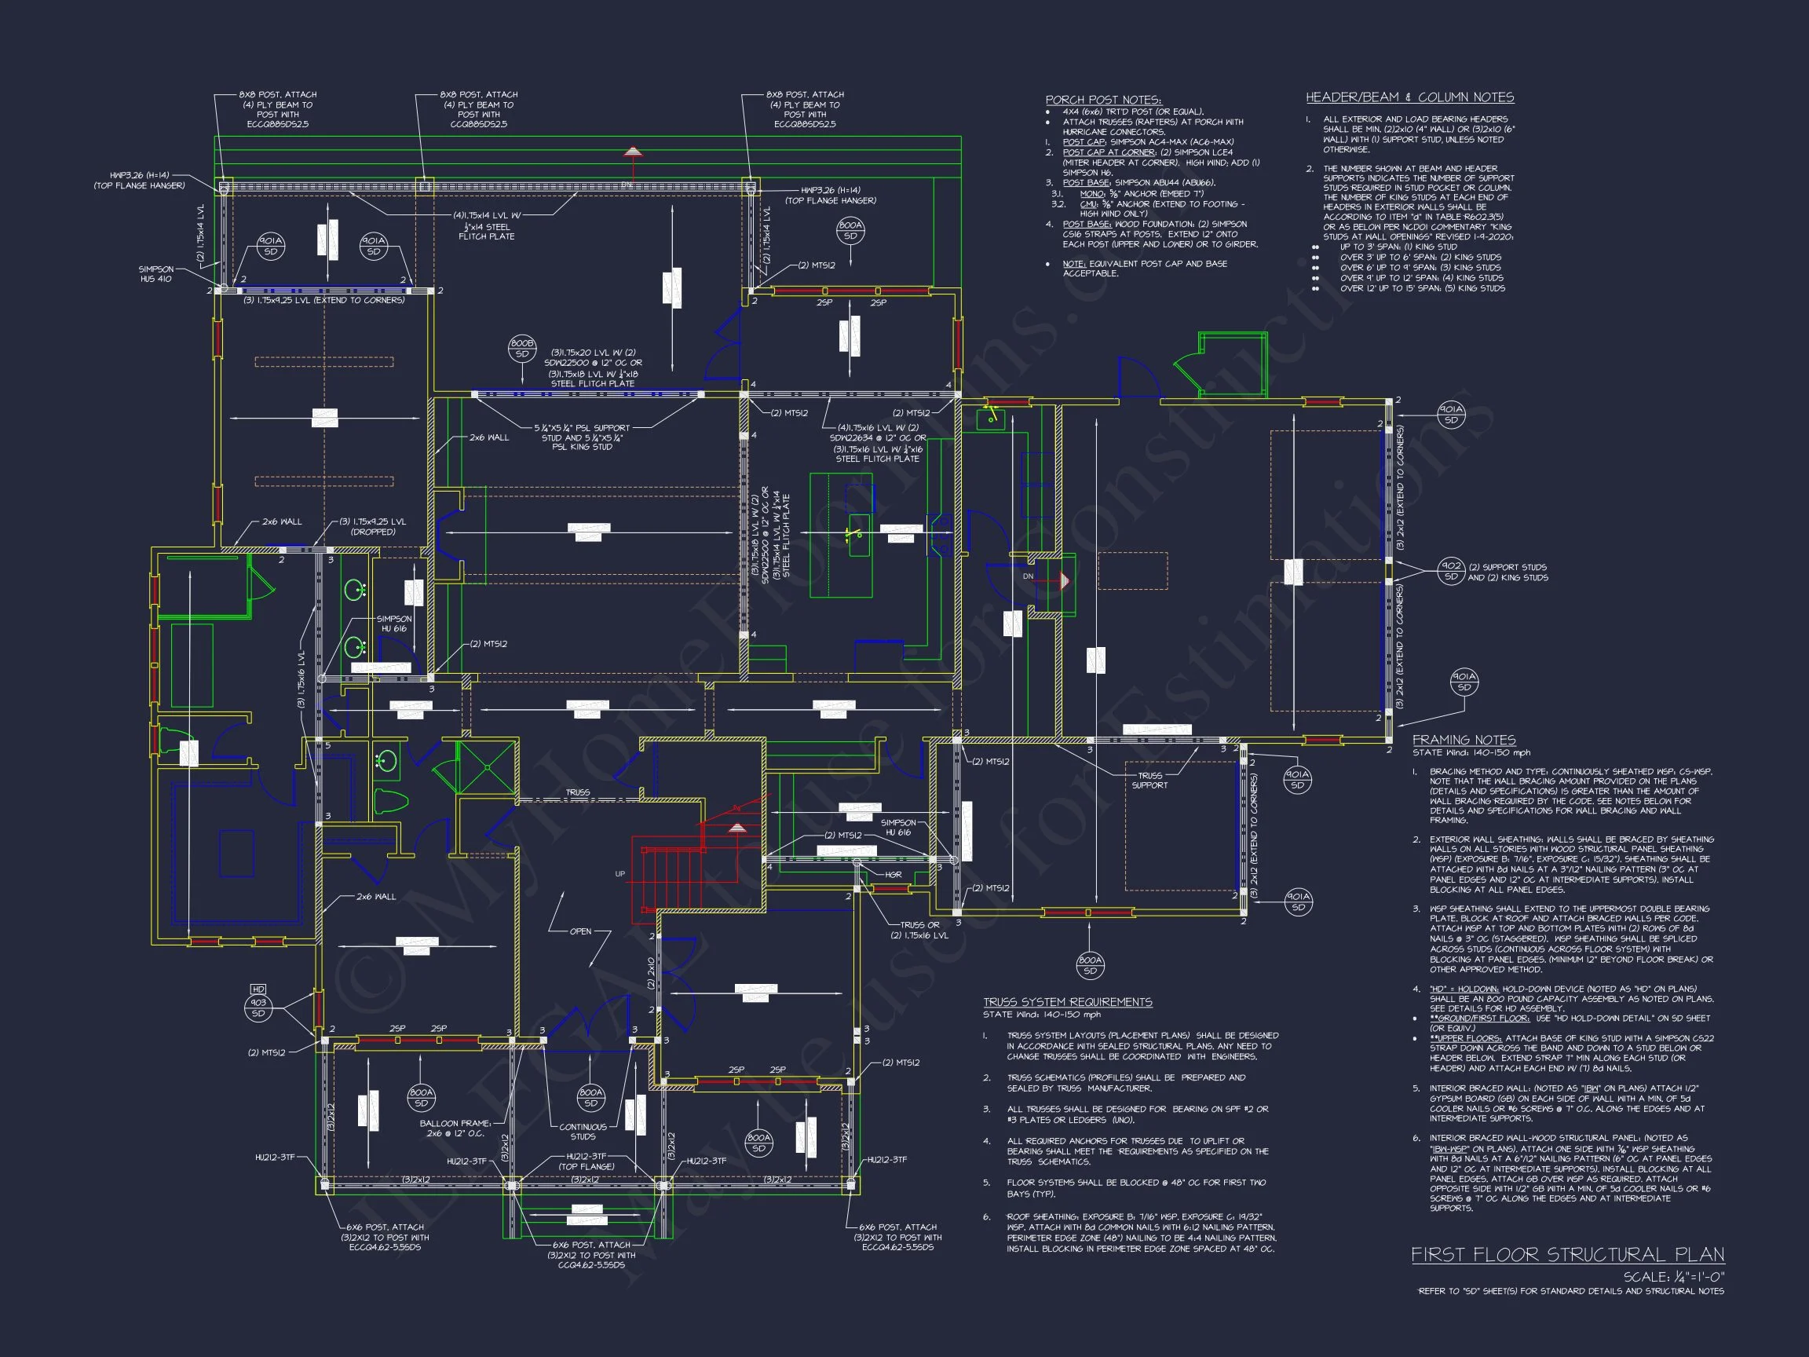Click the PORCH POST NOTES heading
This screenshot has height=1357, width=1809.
pos(1102,100)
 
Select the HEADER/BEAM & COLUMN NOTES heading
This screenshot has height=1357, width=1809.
pos(1409,97)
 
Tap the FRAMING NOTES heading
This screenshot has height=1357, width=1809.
pos(1464,740)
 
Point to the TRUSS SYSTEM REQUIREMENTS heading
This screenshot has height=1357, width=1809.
pos(1067,1002)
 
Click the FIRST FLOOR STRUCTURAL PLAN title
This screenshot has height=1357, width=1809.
pos(1567,1255)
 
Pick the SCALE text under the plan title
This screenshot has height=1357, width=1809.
pos(1673,1277)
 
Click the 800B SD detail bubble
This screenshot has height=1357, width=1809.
pos(522,349)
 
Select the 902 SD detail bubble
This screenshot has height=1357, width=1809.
pos(1451,571)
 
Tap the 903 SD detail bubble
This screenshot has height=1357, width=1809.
pos(258,1008)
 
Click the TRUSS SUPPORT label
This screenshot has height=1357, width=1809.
pos(1149,781)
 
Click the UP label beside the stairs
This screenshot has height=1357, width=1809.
pos(620,873)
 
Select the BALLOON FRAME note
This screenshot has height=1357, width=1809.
pos(455,1128)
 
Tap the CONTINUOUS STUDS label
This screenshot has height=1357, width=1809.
pos(583,1132)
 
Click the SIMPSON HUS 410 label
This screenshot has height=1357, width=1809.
pos(155,274)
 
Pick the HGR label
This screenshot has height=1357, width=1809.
pos(893,874)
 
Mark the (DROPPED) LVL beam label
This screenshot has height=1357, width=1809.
pos(373,527)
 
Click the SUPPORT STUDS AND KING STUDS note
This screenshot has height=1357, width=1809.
pos(1507,572)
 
